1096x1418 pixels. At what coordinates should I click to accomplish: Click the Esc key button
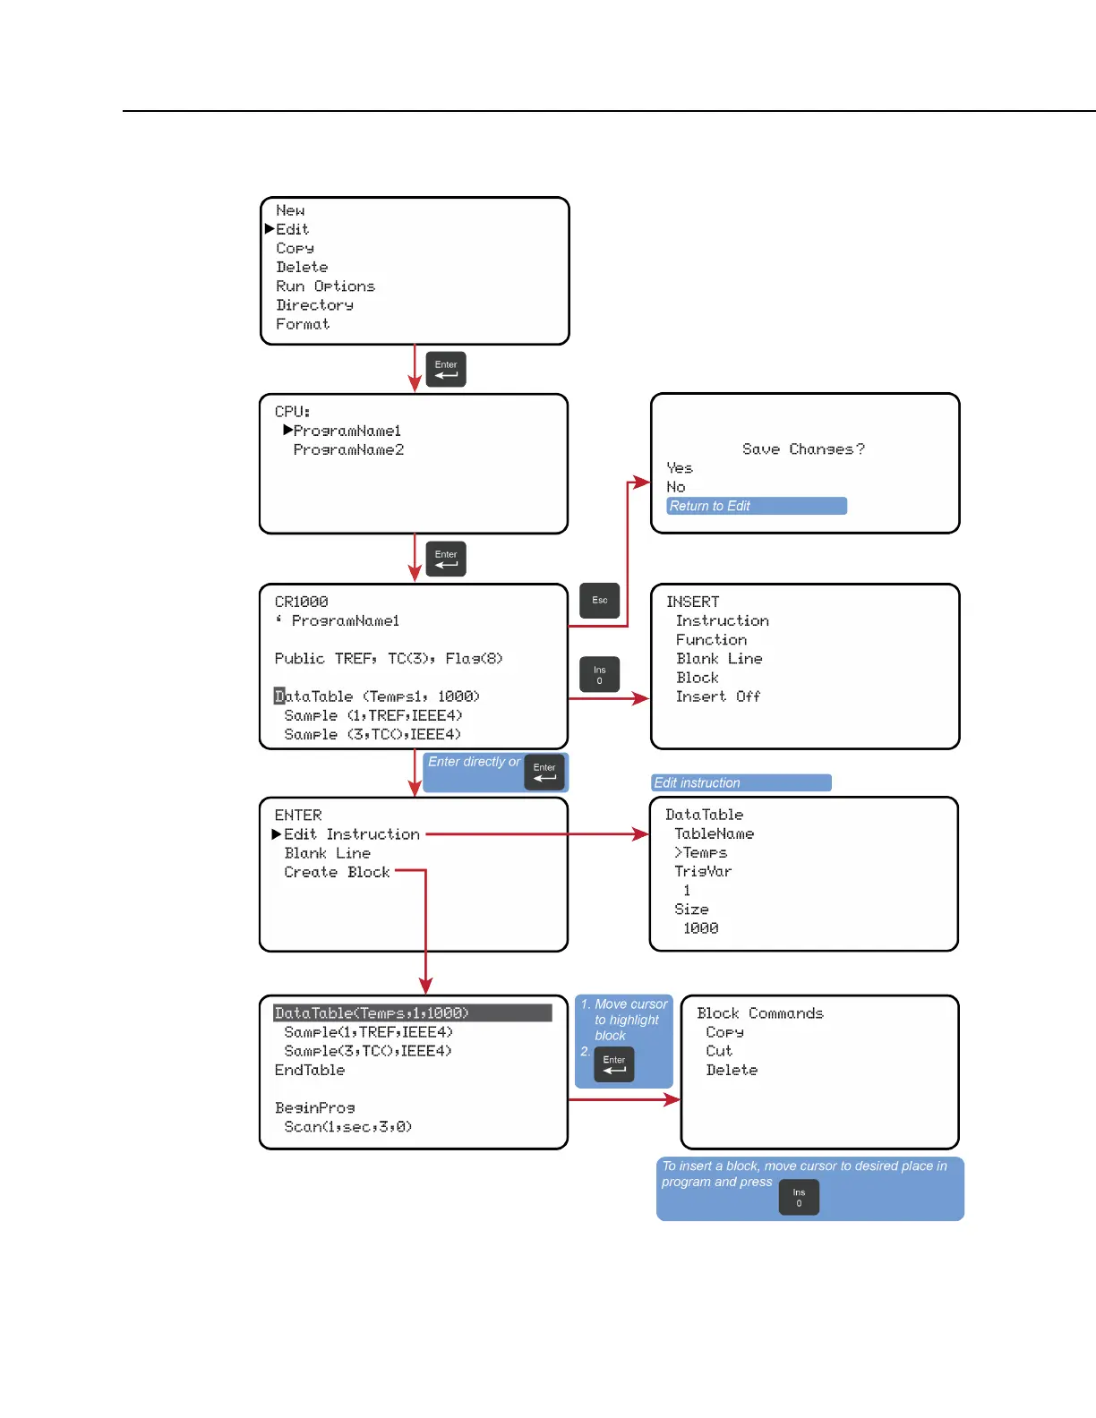click(600, 601)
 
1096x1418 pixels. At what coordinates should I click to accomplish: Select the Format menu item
click(303, 324)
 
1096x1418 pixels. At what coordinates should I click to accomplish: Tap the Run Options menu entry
click(325, 286)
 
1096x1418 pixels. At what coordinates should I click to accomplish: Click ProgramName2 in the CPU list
click(348, 450)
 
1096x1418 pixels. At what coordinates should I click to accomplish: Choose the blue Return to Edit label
click(757, 507)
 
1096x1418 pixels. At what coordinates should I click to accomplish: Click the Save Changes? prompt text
click(803, 449)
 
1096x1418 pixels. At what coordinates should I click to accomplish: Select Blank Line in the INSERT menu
click(719, 659)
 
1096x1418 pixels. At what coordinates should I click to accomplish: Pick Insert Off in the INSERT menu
click(717, 696)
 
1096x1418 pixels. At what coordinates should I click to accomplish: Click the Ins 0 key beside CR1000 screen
click(600, 675)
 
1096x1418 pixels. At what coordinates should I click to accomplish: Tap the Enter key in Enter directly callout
click(544, 772)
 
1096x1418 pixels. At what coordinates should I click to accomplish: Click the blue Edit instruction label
click(741, 783)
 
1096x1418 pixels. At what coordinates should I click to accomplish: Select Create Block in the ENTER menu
click(337, 872)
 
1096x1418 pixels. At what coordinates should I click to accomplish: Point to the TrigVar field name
click(703, 871)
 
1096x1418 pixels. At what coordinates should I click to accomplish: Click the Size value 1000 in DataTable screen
click(700, 928)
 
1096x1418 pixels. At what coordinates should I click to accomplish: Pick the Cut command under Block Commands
click(718, 1051)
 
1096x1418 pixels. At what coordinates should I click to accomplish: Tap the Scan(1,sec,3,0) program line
click(347, 1127)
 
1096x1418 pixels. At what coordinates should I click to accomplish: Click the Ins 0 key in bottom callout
click(799, 1198)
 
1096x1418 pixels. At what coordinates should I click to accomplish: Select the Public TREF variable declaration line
click(389, 659)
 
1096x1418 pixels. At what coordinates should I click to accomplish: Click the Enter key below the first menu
click(446, 369)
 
